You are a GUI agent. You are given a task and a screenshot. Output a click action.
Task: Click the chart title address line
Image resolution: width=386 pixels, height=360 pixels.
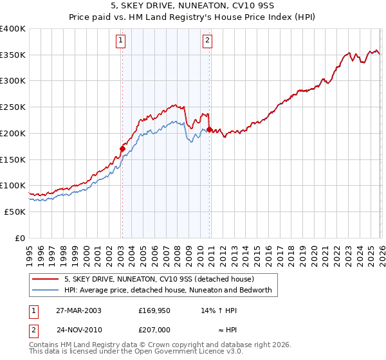[192, 6]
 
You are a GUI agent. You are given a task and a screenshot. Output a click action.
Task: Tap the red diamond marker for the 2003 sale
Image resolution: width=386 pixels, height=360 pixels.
[122, 149]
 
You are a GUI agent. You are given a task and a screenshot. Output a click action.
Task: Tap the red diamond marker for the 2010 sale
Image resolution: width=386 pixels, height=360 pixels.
[210, 130]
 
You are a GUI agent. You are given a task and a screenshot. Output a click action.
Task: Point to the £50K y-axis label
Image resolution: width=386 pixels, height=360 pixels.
[14, 212]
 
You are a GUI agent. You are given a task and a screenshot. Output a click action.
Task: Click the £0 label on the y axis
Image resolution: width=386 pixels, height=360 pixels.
[21, 238]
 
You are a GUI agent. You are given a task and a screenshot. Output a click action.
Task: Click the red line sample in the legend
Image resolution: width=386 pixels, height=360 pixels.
[46, 279]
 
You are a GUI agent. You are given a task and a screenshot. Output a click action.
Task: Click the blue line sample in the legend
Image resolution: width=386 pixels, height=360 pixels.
[46, 290]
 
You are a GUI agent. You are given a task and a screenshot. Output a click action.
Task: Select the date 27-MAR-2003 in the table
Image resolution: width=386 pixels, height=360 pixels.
[78, 310]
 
